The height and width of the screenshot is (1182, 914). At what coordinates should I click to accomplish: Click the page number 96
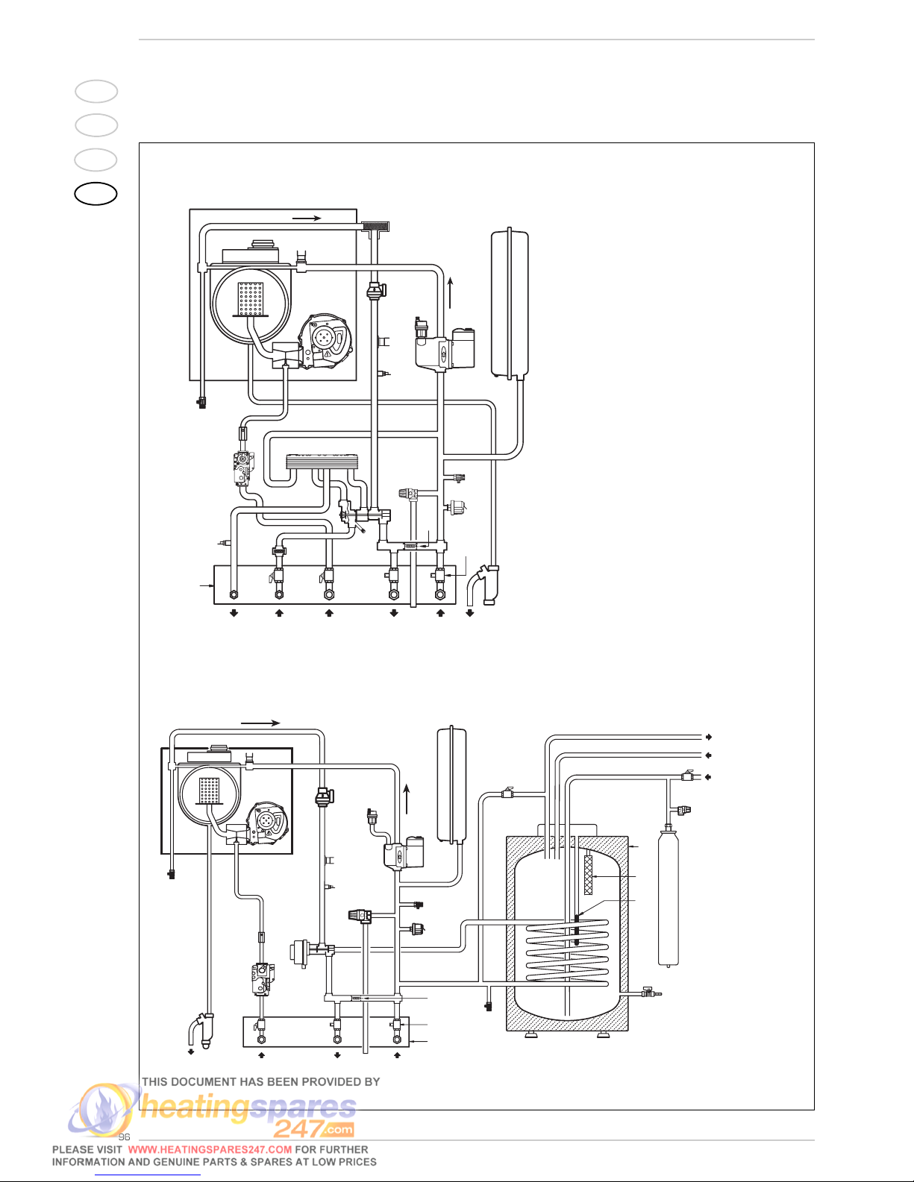(x=125, y=1137)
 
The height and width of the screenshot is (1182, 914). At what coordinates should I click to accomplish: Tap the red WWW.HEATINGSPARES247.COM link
(x=210, y=1150)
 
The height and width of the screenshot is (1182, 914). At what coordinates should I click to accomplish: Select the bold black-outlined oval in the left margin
(x=96, y=194)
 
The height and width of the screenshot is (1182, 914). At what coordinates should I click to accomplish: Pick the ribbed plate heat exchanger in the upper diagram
(x=323, y=461)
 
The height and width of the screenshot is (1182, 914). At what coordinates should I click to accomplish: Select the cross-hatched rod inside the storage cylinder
(x=588, y=875)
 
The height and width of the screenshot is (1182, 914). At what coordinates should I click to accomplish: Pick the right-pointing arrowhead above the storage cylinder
(x=708, y=737)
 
